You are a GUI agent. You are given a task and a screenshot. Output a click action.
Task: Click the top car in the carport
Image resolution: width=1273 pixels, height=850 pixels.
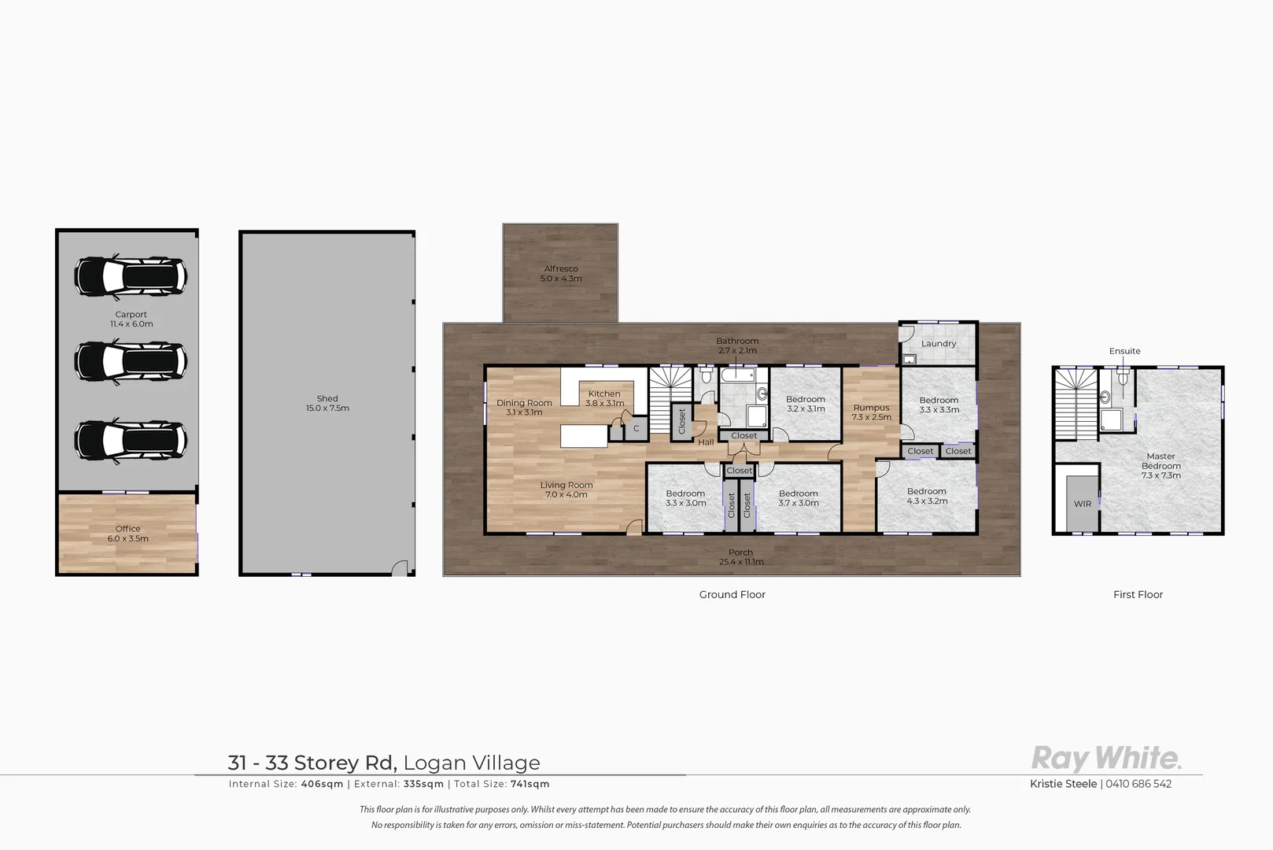[131, 275]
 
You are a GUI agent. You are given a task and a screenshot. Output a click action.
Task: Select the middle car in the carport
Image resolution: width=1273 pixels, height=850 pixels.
[131, 360]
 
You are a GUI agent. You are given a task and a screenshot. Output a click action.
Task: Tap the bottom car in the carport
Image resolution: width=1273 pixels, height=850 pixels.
[131, 440]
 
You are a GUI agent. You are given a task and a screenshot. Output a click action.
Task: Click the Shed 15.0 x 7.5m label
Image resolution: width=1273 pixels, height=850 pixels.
[327, 404]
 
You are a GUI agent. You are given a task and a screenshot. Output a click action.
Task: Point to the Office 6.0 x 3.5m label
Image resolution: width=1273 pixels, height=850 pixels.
[128, 534]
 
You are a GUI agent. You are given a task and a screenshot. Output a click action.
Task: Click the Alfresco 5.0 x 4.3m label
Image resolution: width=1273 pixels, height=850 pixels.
[561, 274]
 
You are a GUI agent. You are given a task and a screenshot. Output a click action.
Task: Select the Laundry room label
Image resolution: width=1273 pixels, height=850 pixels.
[939, 344]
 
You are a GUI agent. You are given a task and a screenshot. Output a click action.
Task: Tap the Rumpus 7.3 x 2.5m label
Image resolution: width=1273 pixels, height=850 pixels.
[872, 412]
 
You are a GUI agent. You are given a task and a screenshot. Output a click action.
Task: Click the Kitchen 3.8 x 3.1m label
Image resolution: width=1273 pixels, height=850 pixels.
[604, 398]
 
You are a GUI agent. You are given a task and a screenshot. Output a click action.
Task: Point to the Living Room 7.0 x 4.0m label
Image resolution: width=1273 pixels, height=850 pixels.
[566, 490]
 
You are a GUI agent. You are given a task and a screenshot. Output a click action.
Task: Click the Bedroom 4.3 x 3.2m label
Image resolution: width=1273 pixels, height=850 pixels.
[927, 496]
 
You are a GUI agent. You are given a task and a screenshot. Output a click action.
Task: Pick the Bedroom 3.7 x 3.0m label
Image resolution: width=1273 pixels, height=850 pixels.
[799, 498]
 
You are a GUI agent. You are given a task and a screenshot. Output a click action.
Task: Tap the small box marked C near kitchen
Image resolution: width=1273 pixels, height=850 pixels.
[636, 429]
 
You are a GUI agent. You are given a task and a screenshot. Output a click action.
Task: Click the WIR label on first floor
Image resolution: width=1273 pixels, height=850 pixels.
[1083, 504]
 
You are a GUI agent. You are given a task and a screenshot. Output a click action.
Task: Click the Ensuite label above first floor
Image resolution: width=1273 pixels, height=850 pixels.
[1124, 351]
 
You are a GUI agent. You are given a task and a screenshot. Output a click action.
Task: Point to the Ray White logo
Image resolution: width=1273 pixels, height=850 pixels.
[1106, 759]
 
